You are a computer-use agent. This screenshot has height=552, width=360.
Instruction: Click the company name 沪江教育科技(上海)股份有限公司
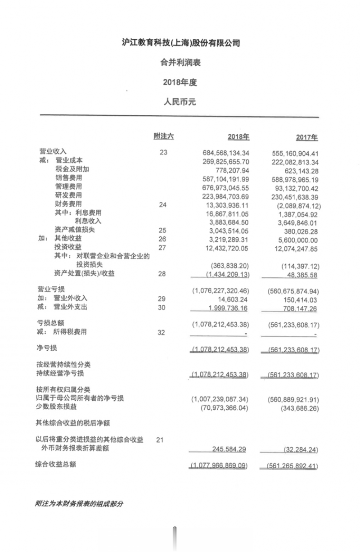click(x=181, y=43)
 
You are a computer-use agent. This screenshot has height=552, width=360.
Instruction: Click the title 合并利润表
click(x=180, y=63)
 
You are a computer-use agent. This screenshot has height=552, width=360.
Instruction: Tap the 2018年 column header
click(x=238, y=137)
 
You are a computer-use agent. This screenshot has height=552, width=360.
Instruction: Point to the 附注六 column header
click(x=163, y=136)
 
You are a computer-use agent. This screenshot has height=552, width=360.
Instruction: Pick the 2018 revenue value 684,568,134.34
click(x=226, y=153)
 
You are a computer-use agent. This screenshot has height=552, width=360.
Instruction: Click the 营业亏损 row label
click(x=49, y=289)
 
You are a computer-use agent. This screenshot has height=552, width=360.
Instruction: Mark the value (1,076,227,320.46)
click(x=220, y=290)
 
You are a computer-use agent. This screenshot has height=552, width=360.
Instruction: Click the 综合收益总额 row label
click(x=55, y=464)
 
